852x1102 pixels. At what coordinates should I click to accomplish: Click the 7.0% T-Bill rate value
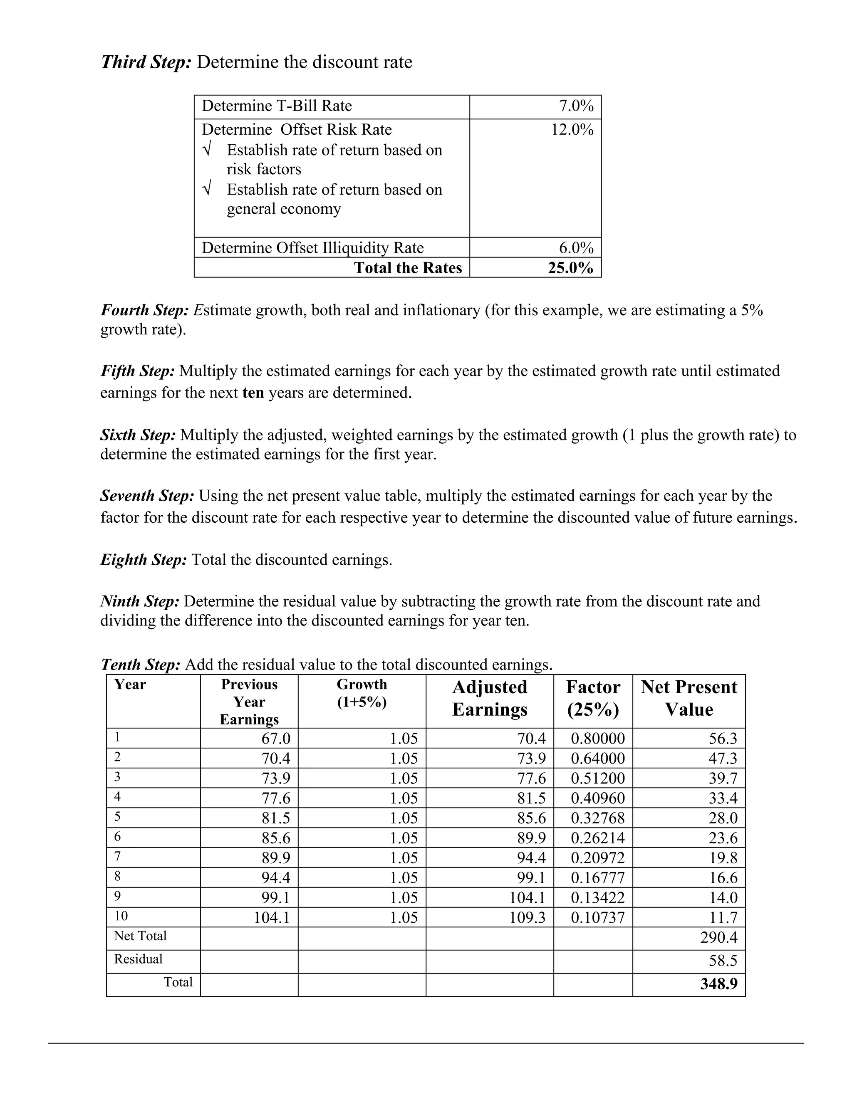point(576,106)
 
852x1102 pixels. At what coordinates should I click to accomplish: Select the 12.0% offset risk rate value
point(572,130)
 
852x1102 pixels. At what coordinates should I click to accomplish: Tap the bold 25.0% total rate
point(570,267)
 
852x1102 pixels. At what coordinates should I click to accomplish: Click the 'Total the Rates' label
point(407,267)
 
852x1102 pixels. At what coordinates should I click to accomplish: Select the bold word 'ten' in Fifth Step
point(253,393)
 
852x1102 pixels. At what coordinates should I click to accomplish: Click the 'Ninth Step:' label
point(140,601)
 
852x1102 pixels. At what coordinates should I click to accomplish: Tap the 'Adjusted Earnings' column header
point(489,698)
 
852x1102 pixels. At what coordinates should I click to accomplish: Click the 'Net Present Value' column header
point(689,698)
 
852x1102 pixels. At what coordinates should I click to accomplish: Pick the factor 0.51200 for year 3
point(598,778)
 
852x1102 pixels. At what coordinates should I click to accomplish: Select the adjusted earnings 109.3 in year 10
point(527,917)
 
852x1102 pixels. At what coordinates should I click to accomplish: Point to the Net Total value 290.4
point(719,937)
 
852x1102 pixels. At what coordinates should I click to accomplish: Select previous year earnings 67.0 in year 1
point(275,739)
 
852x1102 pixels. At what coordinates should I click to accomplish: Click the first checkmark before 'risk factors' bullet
point(206,150)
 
